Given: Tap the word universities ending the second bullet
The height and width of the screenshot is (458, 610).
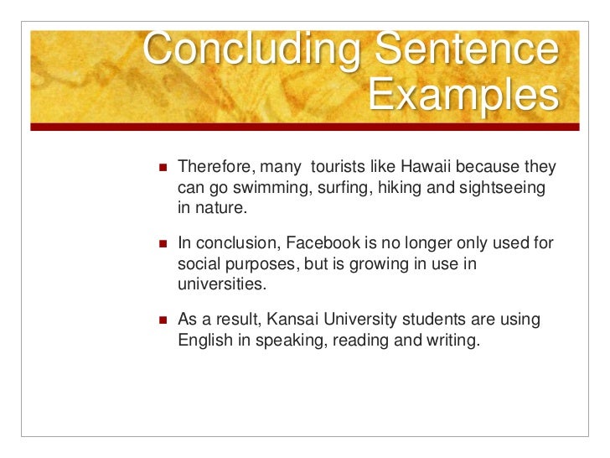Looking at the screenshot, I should pos(221,285).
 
